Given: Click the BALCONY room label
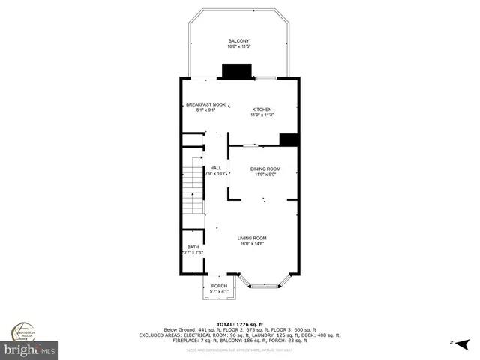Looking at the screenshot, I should pos(238,40).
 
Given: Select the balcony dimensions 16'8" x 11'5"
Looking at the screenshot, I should pos(238,46).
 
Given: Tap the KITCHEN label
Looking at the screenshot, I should pos(262,109).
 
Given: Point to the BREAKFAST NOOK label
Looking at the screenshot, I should pos(205,104).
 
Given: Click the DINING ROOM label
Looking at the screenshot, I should pos(265,169).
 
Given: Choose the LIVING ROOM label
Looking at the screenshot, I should pos(253,238).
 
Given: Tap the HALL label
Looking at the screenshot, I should pos(216,168).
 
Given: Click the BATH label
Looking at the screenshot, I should pos(193,247).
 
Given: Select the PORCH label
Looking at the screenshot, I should pos(219,286).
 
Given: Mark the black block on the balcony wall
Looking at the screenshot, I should pos(236,70).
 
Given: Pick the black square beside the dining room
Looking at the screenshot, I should pos(289,140).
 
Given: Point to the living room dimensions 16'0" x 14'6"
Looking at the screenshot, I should pos(253,244).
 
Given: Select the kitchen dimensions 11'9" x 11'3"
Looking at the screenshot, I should pos(262,115).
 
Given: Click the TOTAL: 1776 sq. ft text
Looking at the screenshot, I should pos(239,323).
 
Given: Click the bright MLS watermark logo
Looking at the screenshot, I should pos(29,349).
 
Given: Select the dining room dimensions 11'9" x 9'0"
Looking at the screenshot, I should pos(265,175).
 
